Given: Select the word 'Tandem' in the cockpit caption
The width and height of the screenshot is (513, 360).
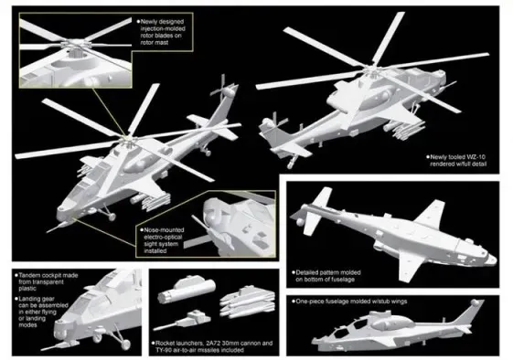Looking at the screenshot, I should click(x=34, y=273).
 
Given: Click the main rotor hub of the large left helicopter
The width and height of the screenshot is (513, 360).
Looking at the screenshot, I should click(x=124, y=139).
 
